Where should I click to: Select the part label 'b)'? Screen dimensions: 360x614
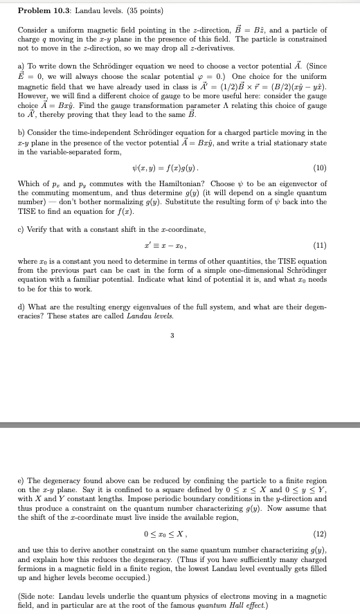pyautogui.click(x=21, y=132)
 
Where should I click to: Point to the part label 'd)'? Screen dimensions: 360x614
pyautogui.click(x=21, y=307)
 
